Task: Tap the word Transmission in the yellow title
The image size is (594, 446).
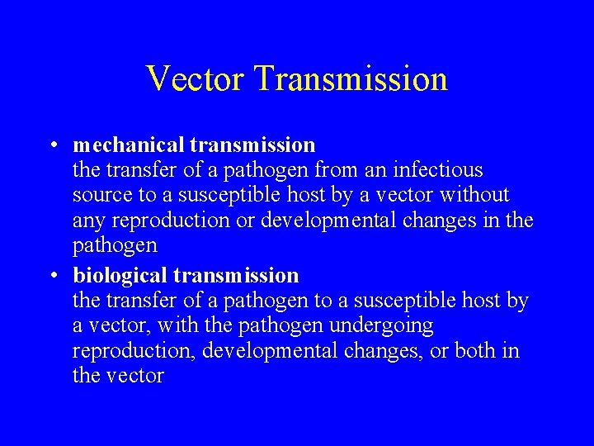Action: point(351,78)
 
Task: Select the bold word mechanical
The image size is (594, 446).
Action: point(128,145)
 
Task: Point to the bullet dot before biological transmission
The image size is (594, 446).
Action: point(52,275)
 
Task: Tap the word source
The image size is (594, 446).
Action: point(99,197)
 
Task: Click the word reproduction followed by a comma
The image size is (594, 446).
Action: point(132,352)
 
